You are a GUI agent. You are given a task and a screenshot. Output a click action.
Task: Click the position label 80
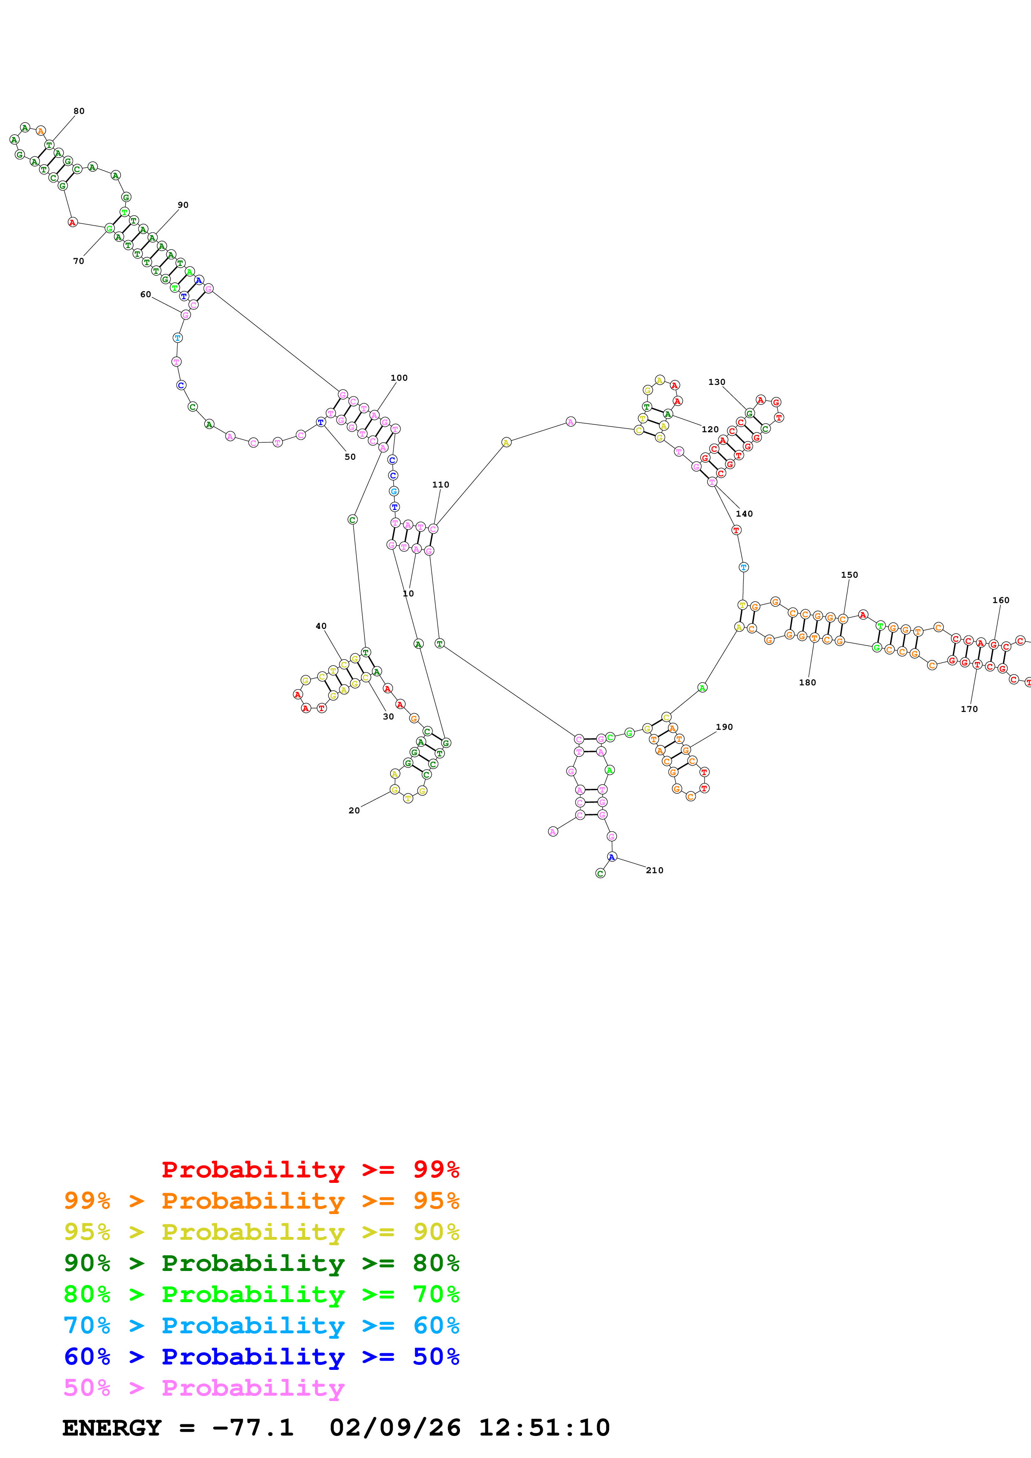[x=79, y=111]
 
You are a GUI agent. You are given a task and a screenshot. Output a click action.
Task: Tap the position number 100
[x=399, y=378]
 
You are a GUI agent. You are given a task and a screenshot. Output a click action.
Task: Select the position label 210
[x=654, y=871]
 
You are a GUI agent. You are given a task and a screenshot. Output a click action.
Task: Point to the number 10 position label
[x=408, y=594]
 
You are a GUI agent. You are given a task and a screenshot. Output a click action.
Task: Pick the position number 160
[x=1001, y=600]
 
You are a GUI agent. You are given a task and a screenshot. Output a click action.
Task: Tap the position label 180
[x=807, y=682]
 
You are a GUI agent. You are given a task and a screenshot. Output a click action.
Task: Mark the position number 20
[x=354, y=810]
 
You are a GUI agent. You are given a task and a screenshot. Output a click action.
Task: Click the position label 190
[x=724, y=727]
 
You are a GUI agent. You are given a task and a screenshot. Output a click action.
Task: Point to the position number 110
[x=440, y=485]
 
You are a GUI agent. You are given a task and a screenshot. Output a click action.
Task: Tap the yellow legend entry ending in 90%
[x=261, y=1232]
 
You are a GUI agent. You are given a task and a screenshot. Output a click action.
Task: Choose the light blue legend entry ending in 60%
[x=261, y=1325]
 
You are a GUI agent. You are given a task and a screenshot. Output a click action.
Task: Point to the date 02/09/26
[x=395, y=1428]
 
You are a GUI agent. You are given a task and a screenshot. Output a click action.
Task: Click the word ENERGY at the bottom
[x=112, y=1428]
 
